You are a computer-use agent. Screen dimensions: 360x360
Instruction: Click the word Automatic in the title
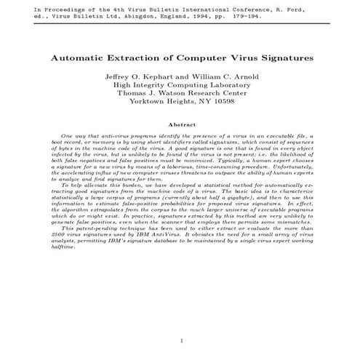point(77,56)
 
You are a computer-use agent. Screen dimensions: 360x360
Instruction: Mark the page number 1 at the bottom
point(180,340)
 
